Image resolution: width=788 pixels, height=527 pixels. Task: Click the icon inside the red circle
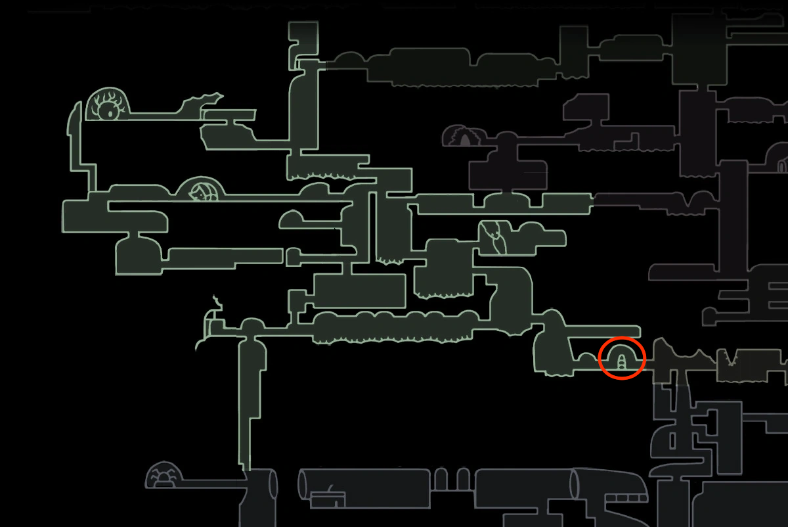(621, 359)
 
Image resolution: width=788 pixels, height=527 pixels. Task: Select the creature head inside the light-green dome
(199, 193)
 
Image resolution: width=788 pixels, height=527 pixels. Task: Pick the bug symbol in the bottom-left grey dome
(162, 475)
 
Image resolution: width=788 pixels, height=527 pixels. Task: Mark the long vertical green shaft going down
(250, 407)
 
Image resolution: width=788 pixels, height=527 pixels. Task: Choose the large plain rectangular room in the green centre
(359, 290)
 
